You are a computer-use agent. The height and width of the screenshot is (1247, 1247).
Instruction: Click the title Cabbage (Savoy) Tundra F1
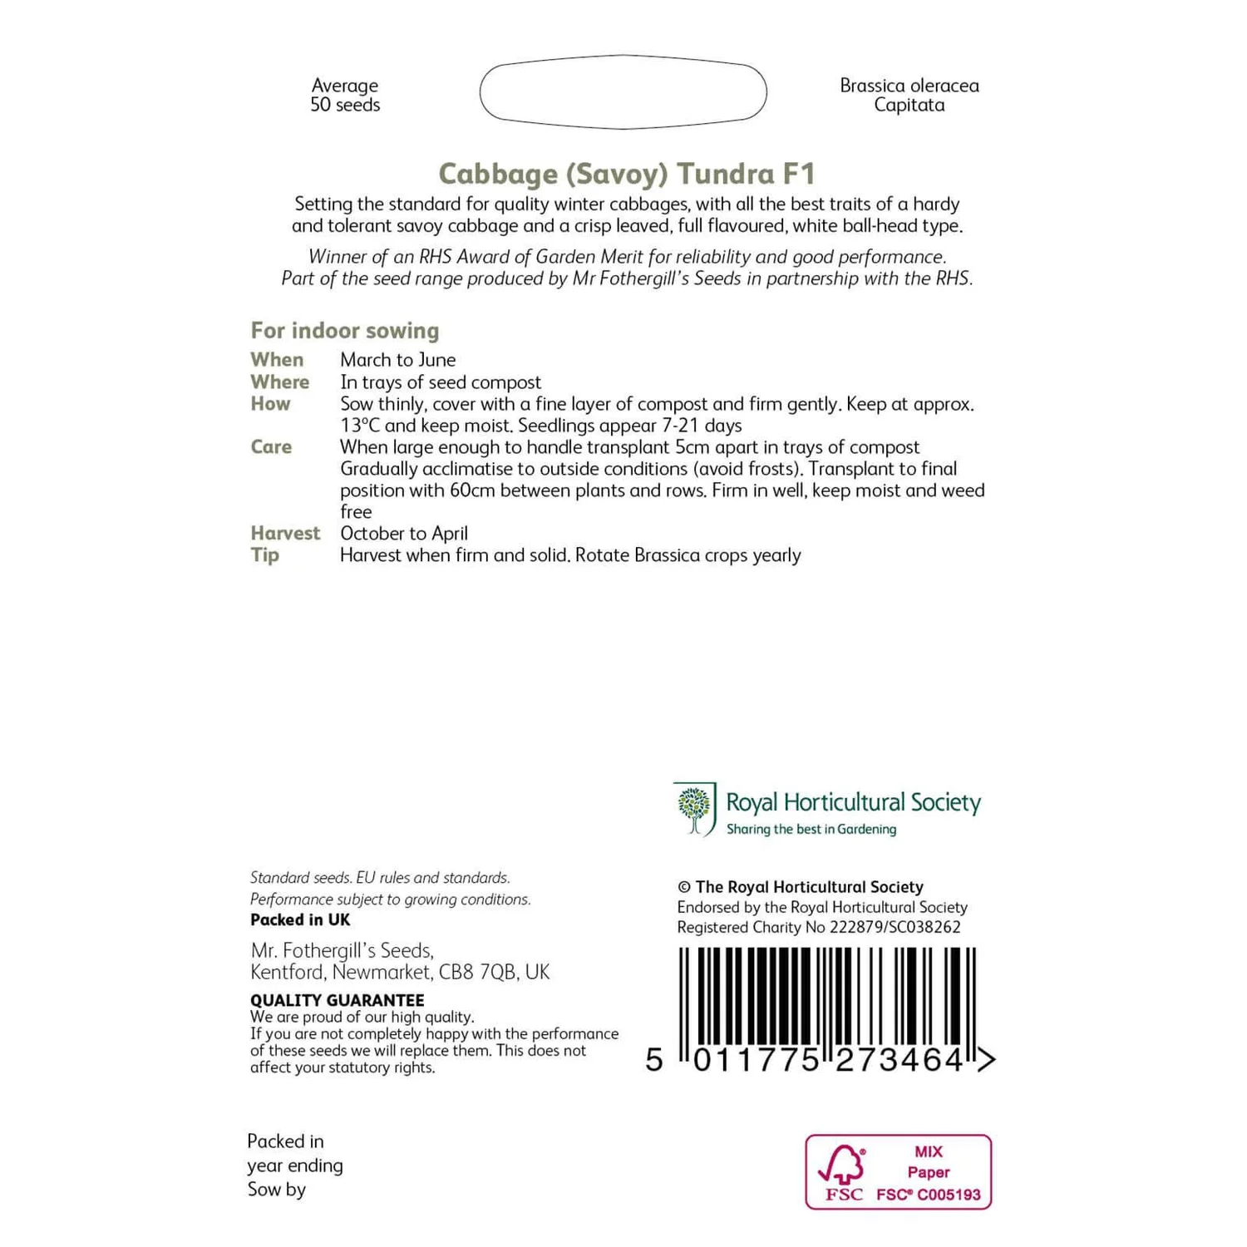[627, 174]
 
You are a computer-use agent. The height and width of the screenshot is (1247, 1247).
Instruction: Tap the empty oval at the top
[623, 92]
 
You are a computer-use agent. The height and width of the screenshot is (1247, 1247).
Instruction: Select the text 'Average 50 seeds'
[345, 95]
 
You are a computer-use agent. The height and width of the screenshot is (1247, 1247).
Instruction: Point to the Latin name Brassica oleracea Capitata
[909, 95]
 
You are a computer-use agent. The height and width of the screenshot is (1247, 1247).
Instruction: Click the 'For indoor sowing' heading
[345, 331]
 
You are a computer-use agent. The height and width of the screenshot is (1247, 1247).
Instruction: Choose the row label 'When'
[277, 360]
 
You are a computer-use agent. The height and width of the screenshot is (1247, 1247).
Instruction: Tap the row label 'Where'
[279, 382]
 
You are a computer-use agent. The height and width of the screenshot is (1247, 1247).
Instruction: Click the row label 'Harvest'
[285, 534]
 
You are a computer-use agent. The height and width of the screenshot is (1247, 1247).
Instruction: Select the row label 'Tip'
[265, 555]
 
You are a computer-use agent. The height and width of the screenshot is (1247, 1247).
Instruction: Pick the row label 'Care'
[271, 447]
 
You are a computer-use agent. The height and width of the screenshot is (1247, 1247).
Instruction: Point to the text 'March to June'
[397, 360]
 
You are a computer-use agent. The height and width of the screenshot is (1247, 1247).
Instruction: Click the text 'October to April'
[404, 534]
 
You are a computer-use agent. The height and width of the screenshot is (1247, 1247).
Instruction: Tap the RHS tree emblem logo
[695, 809]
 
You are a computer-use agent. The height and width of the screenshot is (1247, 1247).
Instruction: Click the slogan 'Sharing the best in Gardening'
[811, 830]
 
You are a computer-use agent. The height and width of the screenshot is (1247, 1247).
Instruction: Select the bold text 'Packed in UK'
[300, 920]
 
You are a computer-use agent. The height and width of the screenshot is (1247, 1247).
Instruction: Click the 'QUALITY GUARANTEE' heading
[338, 1000]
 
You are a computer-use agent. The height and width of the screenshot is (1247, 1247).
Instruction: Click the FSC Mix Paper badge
[898, 1172]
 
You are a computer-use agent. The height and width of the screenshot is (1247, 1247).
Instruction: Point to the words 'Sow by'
[277, 1190]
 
